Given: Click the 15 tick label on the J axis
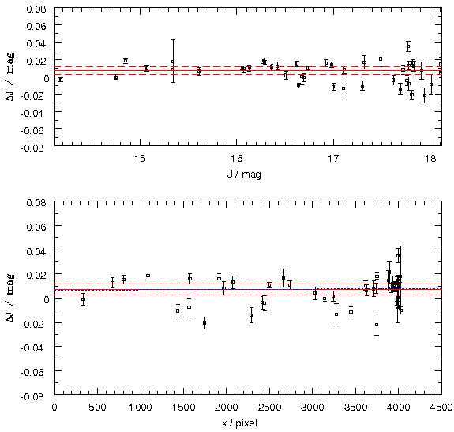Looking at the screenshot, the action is (140, 159).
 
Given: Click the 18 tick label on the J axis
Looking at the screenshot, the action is (430, 159).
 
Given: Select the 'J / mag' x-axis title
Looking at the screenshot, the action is (244, 175).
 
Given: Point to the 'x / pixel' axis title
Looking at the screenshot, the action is (239, 423).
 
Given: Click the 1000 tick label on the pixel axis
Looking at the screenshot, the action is (141, 408).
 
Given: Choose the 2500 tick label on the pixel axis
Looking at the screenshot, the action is (269, 408).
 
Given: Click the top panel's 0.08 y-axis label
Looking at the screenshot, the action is (36, 9).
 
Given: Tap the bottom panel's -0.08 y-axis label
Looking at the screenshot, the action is (33, 396).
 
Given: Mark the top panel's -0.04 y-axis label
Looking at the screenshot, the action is (33, 113).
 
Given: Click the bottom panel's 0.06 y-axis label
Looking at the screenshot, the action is (36, 227).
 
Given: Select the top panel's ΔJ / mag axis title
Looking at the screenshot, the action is (10, 77).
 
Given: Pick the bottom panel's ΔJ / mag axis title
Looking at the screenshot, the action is (10, 298).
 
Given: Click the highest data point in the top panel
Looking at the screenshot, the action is (408, 47).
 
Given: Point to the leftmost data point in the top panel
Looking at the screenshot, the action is (61, 79).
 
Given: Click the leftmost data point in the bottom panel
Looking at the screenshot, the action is (83, 299).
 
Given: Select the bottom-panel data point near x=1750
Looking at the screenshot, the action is (204, 323).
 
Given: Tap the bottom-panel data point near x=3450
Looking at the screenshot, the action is (351, 312).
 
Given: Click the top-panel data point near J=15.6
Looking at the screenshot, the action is (199, 71).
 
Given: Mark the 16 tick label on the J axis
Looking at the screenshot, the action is (237, 159).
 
